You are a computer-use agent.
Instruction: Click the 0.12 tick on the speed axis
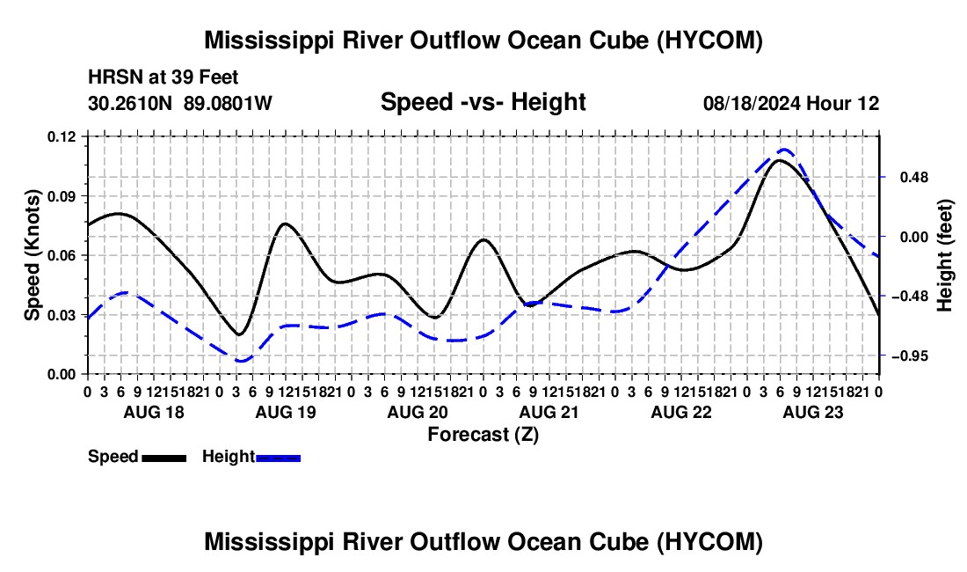[x=61, y=136]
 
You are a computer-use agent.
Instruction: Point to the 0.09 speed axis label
[x=61, y=196]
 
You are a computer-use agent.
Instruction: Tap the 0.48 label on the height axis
[x=914, y=178]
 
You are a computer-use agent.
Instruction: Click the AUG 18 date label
[x=154, y=412]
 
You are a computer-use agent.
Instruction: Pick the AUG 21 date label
[x=549, y=412]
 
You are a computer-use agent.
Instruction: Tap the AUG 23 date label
[x=813, y=412]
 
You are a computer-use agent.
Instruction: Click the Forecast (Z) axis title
[x=483, y=435]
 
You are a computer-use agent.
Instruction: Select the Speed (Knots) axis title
[x=32, y=255]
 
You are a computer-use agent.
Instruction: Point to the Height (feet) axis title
[x=944, y=255]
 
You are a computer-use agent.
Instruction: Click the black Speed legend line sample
[x=164, y=458]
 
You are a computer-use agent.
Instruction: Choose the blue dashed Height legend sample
[x=278, y=458]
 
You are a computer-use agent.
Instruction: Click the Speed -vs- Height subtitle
[x=483, y=102]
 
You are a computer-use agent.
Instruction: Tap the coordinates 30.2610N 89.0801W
[x=180, y=103]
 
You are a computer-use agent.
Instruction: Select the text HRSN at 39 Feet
[x=163, y=77]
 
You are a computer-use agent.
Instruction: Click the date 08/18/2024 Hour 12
[x=791, y=103]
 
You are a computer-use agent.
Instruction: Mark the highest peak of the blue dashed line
[x=784, y=150]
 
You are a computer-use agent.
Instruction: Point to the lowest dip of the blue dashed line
[x=241, y=361]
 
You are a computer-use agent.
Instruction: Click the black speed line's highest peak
[x=780, y=160]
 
